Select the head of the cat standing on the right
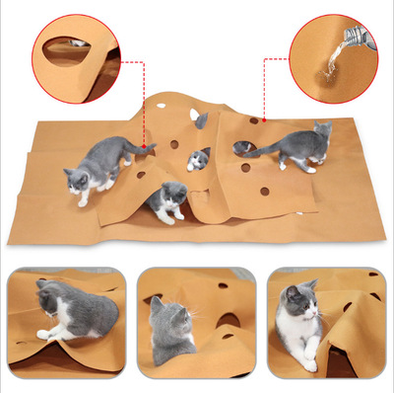pos(322,132)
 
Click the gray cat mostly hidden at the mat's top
pos(201,120)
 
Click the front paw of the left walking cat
pos(85,203)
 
